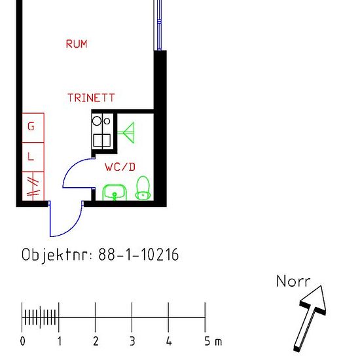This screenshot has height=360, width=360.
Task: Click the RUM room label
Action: coord(77,44)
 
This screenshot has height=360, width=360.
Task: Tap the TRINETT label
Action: coord(91,98)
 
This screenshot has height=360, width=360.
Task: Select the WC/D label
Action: coord(120,167)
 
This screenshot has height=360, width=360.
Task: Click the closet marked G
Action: coord(33,128)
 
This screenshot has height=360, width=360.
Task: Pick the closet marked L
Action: coord(33,157)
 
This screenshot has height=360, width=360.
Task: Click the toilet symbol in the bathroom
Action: coord(143,188)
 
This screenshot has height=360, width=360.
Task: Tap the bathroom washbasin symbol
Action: coord(115,192)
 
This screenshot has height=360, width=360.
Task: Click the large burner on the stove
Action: coord(97,121)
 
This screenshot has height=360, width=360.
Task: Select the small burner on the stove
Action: coord(107,121)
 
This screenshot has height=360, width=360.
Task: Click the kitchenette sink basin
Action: coord(101,140)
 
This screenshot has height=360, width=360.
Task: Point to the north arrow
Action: coord(310,319)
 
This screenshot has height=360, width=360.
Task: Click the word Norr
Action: coord(293,281)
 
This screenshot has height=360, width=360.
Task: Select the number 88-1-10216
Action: coord(139,255)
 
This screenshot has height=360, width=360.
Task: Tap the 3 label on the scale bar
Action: coord(132,342)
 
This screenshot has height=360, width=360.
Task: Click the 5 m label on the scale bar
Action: coord(213,342)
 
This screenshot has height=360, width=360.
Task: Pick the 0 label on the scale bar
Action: coord(22,342)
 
